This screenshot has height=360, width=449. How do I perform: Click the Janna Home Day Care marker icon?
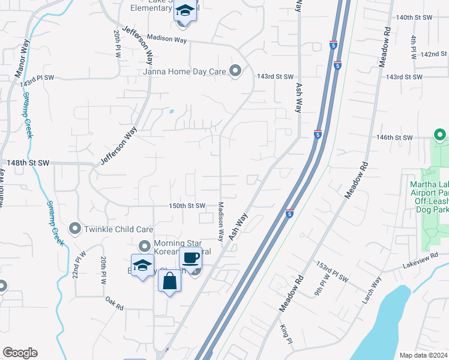235,71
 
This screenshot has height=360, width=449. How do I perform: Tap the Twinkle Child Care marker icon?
75,229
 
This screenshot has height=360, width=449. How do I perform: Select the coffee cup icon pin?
190,258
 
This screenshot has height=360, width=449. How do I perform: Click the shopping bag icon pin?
170,280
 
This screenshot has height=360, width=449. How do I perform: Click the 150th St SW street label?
187,206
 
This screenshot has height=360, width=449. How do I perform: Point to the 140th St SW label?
414,17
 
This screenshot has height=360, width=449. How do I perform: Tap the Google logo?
20,353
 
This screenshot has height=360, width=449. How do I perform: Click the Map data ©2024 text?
423,355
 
